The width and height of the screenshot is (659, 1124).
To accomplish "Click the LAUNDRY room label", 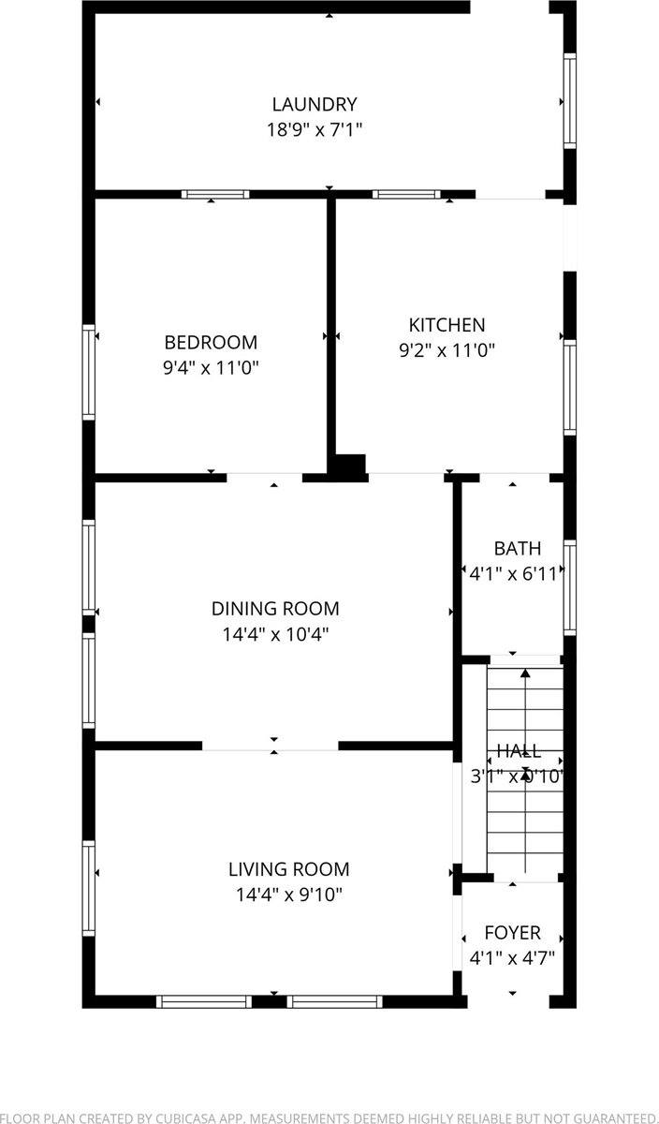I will click(x=314, y=104).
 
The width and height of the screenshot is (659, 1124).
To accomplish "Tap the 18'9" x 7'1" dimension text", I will click(x=314, y=129).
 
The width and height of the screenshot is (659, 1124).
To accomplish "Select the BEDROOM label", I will click(x=211, y=343).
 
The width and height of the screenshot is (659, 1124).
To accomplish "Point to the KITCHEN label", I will click(x=447, y=325).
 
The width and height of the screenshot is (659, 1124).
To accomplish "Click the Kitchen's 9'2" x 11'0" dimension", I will click(x=447, y=350).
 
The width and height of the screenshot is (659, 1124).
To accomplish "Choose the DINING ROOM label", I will click(x=274, y=609).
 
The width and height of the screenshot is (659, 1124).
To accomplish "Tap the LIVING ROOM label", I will click(x=288, y=869).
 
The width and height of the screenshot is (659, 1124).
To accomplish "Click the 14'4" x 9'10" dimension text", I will click(x=288, y=895).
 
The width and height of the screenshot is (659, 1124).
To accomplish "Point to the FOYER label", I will click(x=512, y=933).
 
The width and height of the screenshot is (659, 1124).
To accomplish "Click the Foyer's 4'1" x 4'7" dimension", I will click(x=512, y=958).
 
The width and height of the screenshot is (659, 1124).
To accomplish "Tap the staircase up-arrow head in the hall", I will click(x=525, y=673).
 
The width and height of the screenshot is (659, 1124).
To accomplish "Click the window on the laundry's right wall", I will click(x=569, y=100).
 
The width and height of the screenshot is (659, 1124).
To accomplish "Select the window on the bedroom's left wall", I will click(x=89, y=371).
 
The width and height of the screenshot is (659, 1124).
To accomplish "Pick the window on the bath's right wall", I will click(x=569, y=587).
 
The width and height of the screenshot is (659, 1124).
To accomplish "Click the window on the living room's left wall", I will click(x=89, y=888).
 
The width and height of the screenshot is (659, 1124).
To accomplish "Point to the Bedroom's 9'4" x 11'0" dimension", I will click(x=211, y=368).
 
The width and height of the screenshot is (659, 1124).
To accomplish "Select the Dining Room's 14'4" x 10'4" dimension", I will click(x=274, y=634).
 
